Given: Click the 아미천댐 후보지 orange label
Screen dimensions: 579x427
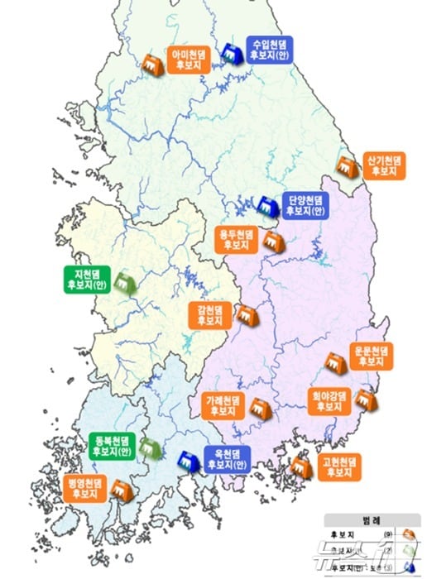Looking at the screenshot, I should [190, 60].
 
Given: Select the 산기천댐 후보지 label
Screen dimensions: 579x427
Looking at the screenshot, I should [385, 165].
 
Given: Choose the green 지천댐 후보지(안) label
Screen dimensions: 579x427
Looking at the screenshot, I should [87, 278].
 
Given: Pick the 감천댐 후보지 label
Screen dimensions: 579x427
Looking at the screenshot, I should [211, 313].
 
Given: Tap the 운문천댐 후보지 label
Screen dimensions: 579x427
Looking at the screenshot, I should [372, 356].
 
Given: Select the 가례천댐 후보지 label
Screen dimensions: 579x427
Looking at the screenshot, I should [223, 404].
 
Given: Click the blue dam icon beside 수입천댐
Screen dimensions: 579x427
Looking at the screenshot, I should [233, 53].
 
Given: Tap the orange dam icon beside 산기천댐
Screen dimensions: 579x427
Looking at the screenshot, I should [347, 165].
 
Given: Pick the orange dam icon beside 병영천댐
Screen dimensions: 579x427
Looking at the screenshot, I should [122, 490].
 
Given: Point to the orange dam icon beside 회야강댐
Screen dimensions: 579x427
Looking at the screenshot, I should [365, 401].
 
